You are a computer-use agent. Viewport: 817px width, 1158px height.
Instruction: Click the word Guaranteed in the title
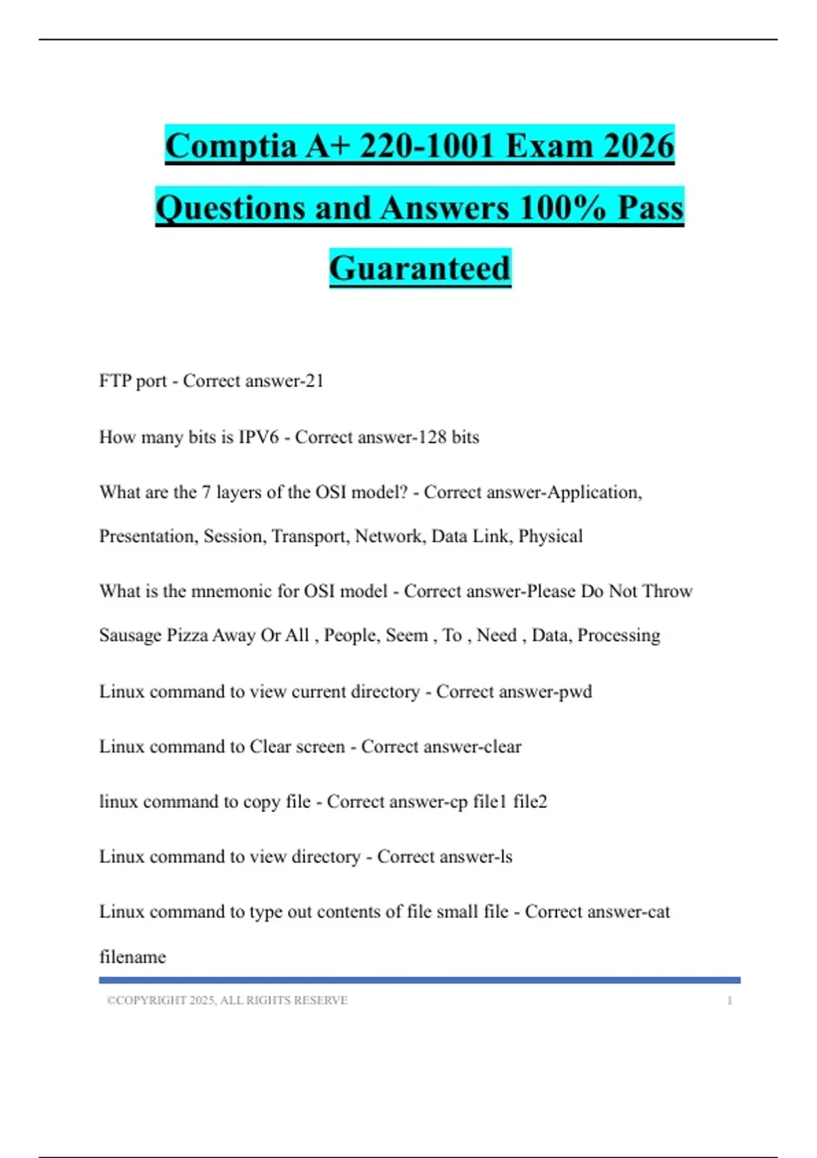(x=419, y=268)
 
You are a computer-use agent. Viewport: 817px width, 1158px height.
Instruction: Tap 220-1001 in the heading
(x=426, y=146)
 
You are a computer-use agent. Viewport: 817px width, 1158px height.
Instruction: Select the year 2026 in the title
(x=639, y=146)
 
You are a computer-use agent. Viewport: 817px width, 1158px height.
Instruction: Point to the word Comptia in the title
(x=231, y=146)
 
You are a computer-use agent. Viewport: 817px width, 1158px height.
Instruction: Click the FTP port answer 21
(x=315, y=381)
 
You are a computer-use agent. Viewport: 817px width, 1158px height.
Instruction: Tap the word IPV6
(x=259, y=437)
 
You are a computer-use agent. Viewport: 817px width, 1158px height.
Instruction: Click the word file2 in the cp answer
(x=530, y=801)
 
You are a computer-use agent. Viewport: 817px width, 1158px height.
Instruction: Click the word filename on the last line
(x=133, y=956)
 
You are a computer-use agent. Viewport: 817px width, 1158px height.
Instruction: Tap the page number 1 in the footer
(x=729, y=1000)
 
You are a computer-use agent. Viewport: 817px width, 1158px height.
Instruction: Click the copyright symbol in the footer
(x=111, y=1000)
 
